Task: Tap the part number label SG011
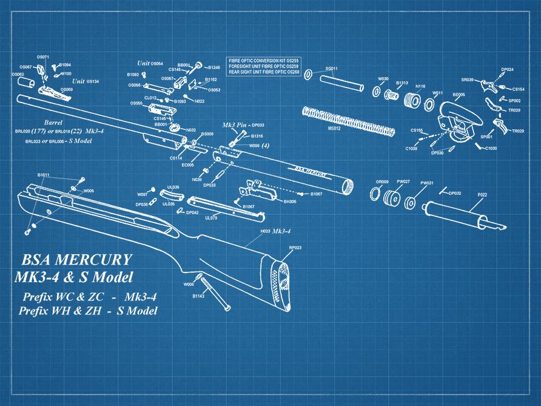[332, 69]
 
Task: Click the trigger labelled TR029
[502, 124]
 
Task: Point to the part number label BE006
[459, 95]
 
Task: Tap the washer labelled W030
[377, 92]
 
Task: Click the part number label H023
[265, 232]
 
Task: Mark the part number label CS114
[176, 158]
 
